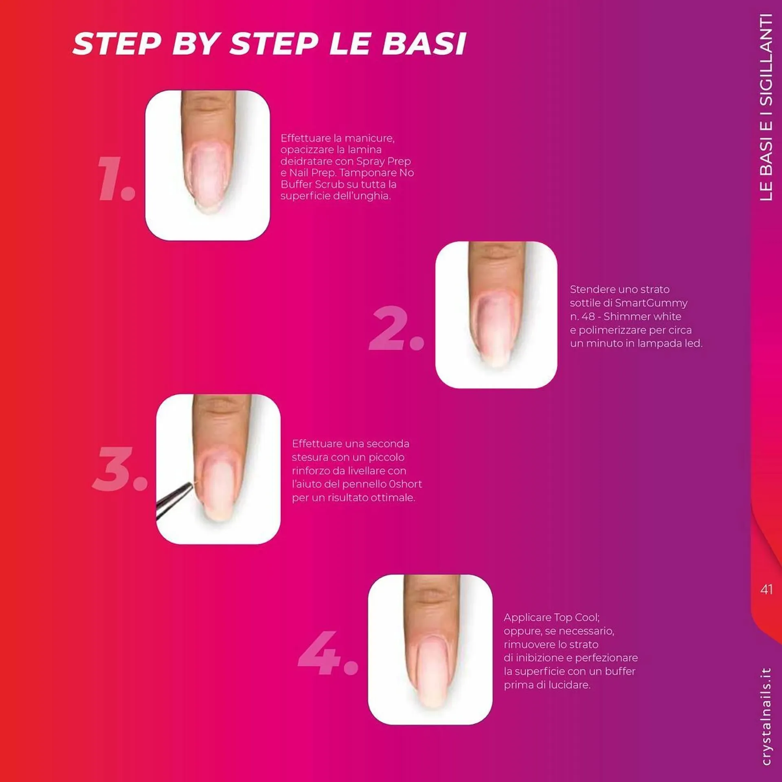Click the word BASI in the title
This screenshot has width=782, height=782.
(424, 44)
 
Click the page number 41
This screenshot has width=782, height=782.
(766, 589)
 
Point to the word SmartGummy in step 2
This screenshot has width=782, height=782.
(651, 303)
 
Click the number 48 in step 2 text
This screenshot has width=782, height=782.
(588, 316)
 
